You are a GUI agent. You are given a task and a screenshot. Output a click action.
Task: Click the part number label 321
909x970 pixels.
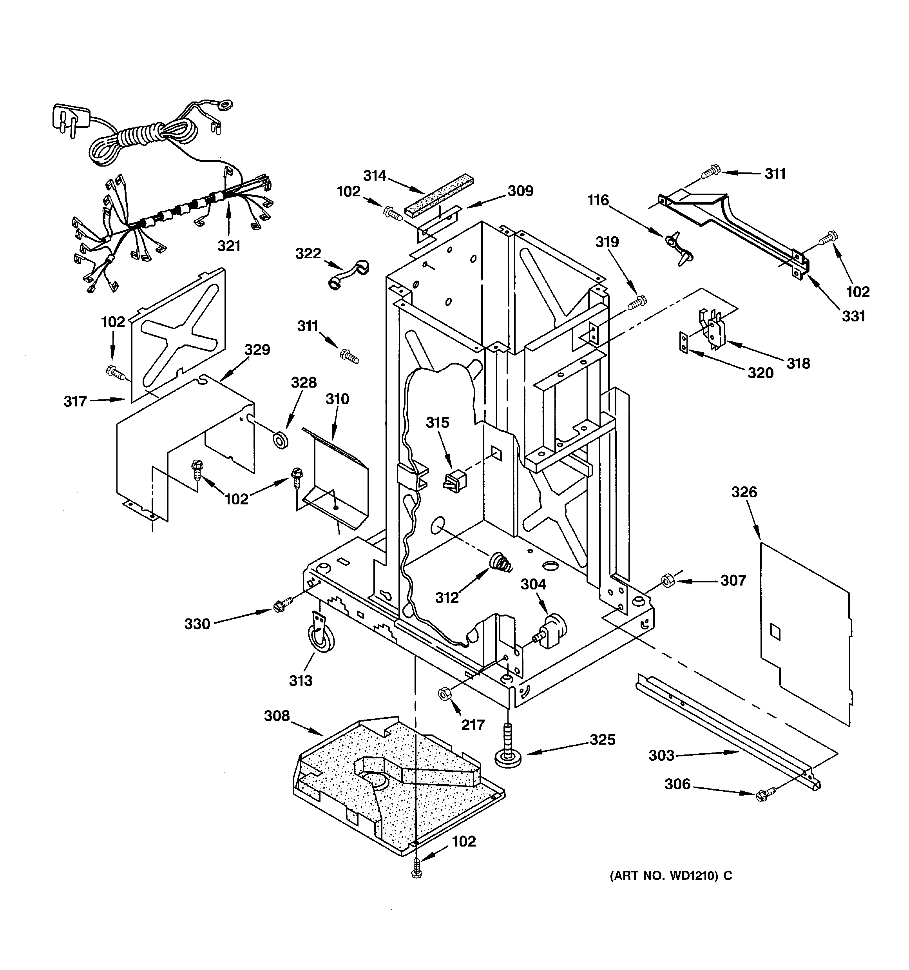click(229, 245)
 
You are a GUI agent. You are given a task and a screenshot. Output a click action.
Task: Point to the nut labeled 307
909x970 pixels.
click(667, 581)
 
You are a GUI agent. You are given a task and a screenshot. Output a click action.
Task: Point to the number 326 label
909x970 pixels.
click(744, 492)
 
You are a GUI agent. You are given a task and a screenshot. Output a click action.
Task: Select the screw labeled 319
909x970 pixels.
click(637, 303)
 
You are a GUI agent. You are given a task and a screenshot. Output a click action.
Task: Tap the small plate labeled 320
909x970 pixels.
click(684, 342)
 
